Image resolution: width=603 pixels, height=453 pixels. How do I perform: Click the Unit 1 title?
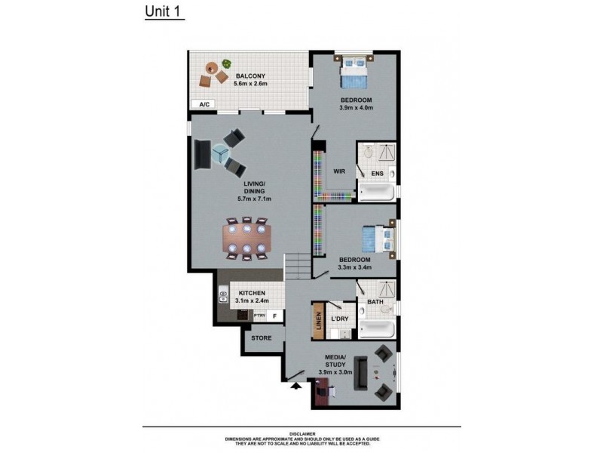(x=164, y=13)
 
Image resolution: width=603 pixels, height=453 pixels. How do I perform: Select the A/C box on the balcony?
(x=204, y=105)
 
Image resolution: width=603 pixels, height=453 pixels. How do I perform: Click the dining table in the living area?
(x=247, y=239)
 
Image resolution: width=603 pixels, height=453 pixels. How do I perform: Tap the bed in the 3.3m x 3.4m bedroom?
(x=376, y=238)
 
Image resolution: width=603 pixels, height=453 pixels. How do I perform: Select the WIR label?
(x=339, y=172)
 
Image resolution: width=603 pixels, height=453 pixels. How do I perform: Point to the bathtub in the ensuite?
(x=378, y=192)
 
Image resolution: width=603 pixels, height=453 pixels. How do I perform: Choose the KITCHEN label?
(x=252, y=293)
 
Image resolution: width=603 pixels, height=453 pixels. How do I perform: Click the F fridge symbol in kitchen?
(x=275, y=316)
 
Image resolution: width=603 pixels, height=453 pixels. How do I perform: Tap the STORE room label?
(x=262, y=338)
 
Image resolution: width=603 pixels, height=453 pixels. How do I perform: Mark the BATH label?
(x=375, y=302)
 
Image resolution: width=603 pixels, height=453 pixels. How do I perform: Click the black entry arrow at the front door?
(x=295, y=386)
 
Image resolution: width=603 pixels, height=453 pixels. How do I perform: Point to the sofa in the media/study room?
(x=361, y=372)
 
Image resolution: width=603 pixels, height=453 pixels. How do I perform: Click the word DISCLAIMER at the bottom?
(x=301, y=433)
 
